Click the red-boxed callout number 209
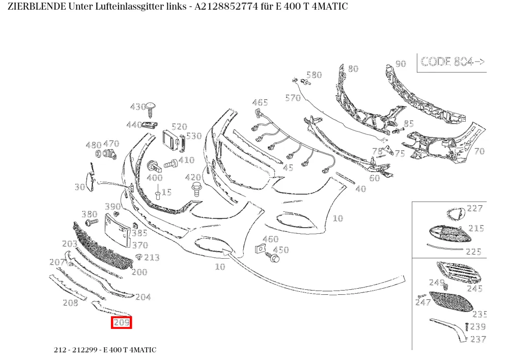tap(122, 323)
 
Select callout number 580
tap(314, 75)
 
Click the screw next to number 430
tap(150, 109)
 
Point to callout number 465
tap(260, 102)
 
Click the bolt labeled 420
tap(196, 189)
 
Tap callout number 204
tap(143, 297)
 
